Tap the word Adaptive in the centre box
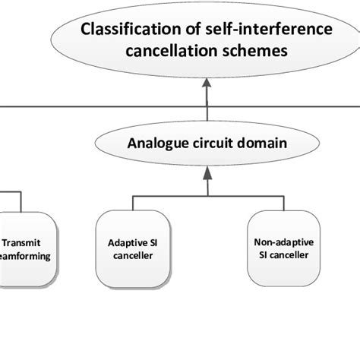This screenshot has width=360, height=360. tap(126, 244)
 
